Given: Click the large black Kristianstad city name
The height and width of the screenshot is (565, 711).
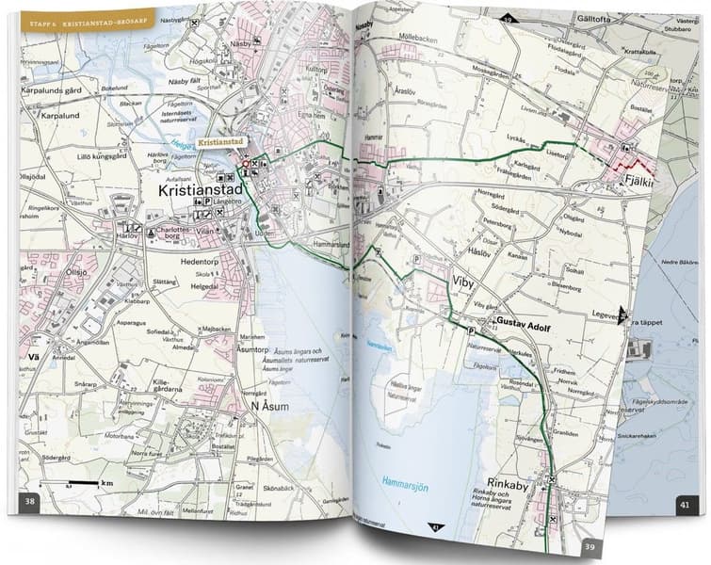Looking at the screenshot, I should pyautogui.click(x=201, y=190).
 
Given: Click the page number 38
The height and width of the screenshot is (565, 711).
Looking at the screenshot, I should pyautogui.click(x=30, y=501).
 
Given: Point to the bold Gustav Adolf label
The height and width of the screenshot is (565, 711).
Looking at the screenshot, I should pyautogui.click(x=524, y=322).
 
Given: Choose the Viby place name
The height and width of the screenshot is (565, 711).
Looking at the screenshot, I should pyautogui.click(x=464, y=282).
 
